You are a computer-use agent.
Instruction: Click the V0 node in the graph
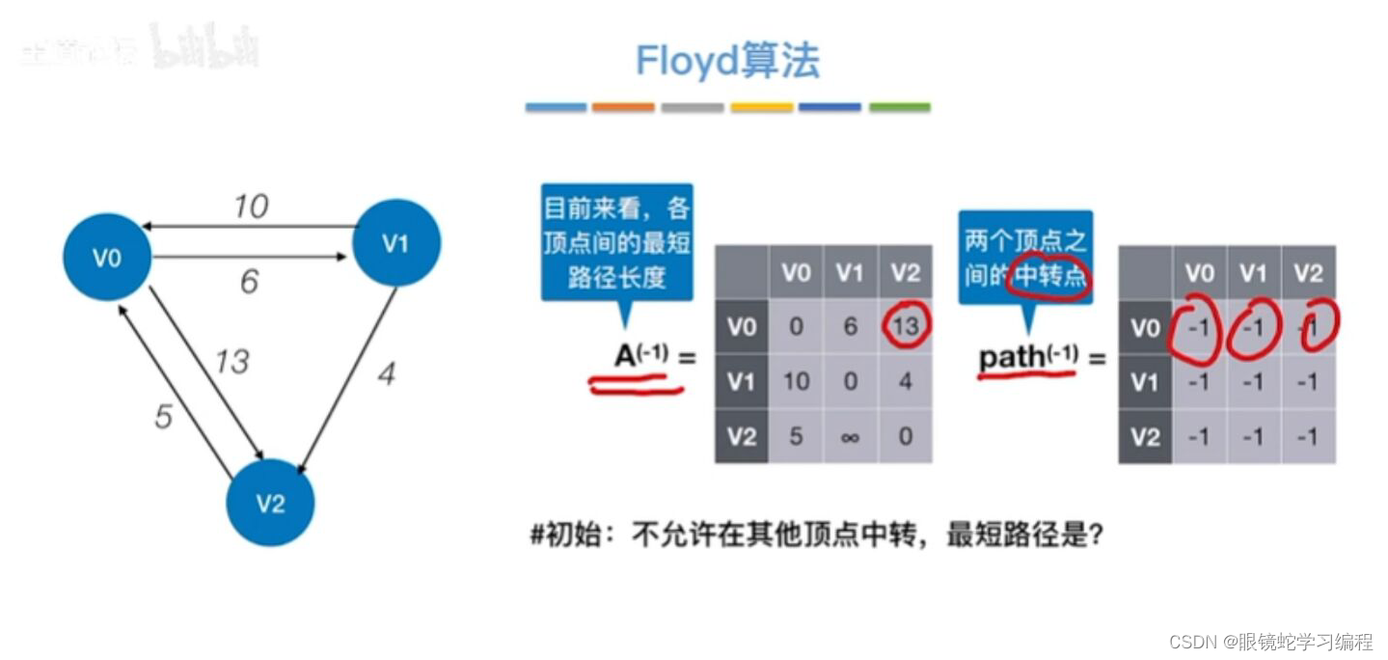pos(107,257)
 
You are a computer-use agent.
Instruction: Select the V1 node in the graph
pos(396,243)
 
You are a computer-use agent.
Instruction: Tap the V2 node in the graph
pos(270,503)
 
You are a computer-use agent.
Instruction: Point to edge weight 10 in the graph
pos(251,206)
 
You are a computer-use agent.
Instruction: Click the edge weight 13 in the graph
pos(231,361)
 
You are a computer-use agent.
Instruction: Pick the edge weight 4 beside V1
pos(386,374)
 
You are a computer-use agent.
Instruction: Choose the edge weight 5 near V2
pos(164,416)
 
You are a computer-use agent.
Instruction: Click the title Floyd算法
pos(727,62)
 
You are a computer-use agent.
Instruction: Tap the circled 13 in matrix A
pos(905,327)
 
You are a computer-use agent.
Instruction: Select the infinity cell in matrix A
pos(850,437)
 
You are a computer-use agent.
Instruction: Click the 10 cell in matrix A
pos(796,382)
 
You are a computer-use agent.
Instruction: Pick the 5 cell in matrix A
pos(796,437)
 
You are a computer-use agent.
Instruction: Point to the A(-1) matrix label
pos(641,357)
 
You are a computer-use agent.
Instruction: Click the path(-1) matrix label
pos(1028,357)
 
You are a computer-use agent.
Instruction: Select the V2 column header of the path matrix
pos(1308,273)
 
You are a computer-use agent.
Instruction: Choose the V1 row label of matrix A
pos(741,382)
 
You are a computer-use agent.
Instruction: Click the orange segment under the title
pos(623,107)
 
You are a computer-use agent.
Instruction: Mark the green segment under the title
pos(899,107)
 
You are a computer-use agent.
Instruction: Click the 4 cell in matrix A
pos(905,382)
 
